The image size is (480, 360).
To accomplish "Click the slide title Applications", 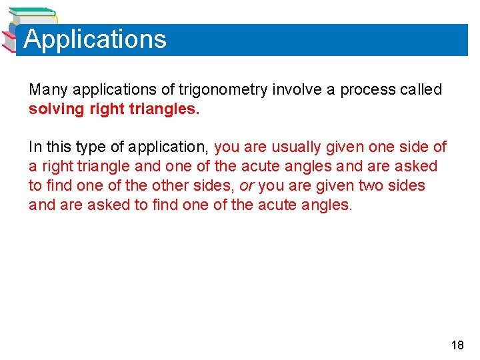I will (x=95, y=39).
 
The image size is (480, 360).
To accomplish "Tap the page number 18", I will (x=457, y=345).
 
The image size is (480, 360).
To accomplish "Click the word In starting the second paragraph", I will (x=34, y=147).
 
